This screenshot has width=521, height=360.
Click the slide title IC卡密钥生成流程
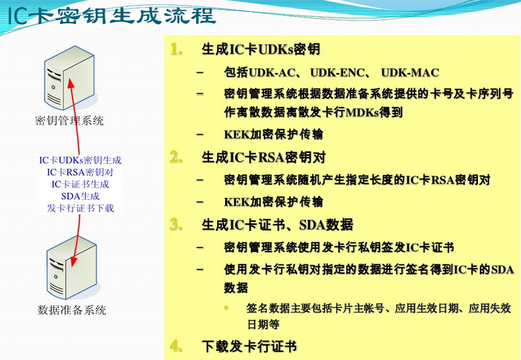pos(112,15)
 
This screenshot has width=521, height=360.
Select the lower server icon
pos(68,266)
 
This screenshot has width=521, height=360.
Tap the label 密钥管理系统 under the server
pos(69,121)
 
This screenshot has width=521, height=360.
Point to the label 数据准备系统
pos(71,310)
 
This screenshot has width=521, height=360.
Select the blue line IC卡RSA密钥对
pos(80,172)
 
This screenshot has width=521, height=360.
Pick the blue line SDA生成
pos(80,196)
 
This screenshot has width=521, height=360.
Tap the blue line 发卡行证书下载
pos(80,208)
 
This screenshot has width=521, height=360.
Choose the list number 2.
pos(176,156)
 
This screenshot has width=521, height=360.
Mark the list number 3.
pos(176,224)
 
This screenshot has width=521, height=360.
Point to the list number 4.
pos(176,346)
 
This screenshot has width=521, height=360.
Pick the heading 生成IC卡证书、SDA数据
pos(277,224)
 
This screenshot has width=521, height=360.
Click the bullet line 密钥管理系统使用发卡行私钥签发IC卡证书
pos(338,247)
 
